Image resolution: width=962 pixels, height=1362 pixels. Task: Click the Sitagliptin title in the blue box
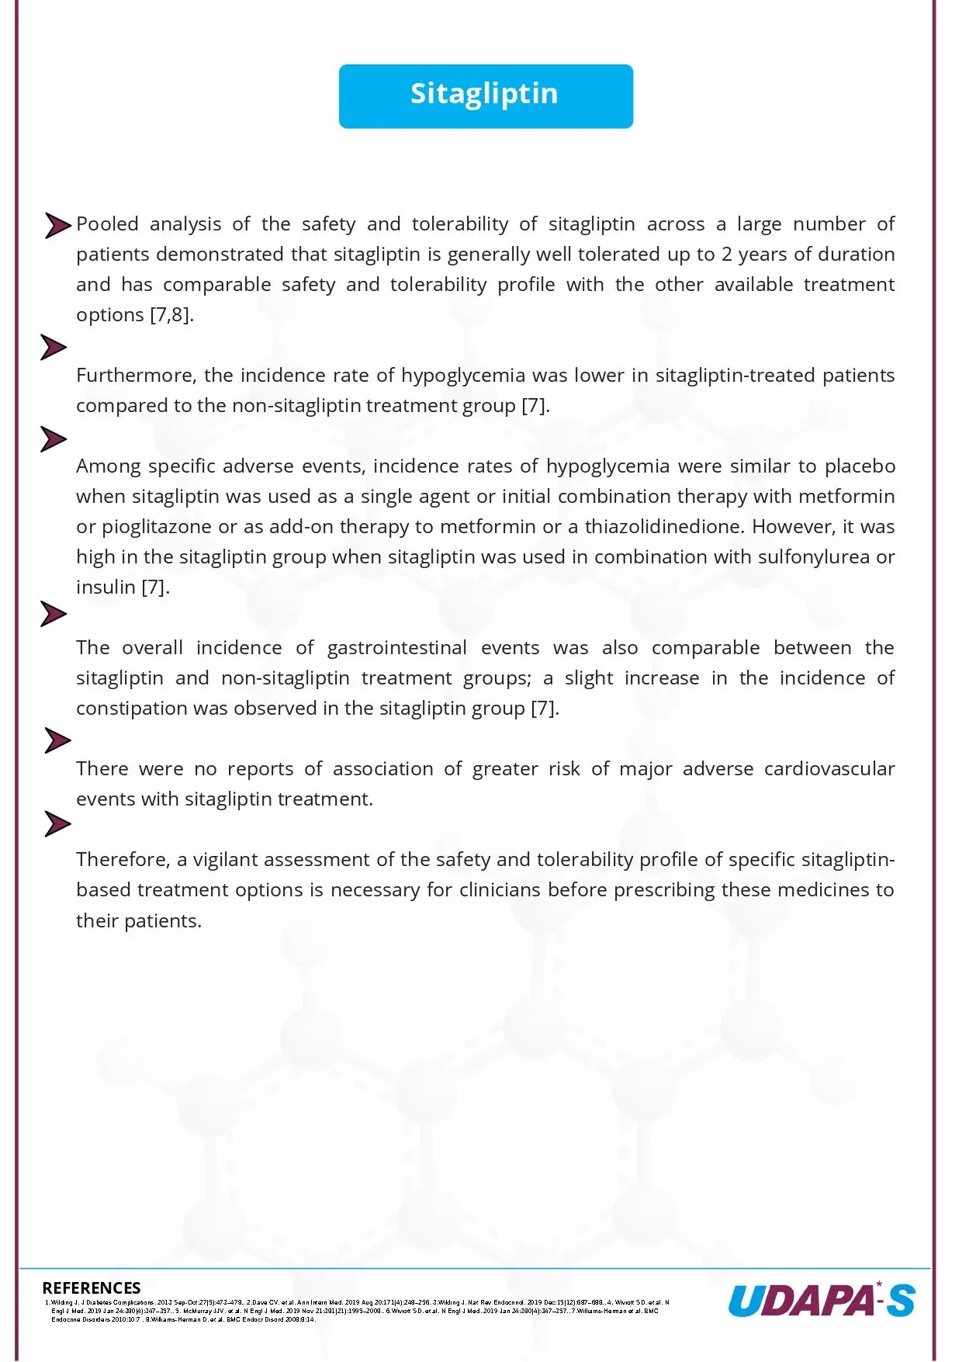[x=484, y=94]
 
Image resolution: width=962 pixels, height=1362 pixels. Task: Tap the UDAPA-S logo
[x=821, y=1300]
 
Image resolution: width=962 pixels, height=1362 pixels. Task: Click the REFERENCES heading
[x=92, y=1288]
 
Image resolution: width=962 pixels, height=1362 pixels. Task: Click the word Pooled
[x=107, y=224]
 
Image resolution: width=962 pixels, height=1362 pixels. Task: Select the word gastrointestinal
[x=396, y=648]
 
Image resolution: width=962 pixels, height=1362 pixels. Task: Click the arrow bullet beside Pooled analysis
[x=57, y=226]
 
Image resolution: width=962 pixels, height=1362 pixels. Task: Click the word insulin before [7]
[x=106, y=587]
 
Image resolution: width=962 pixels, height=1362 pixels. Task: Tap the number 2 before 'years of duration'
[x=727, y=255]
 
